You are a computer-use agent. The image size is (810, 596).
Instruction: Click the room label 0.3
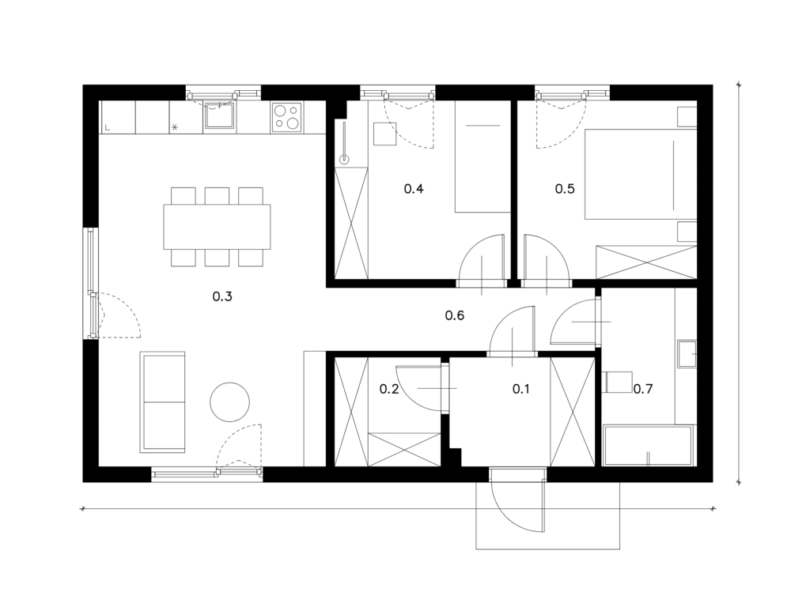(x=222, y=296)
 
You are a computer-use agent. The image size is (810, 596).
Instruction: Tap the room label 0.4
(x=414, y=189)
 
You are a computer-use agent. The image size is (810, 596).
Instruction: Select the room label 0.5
(x=565, y=189)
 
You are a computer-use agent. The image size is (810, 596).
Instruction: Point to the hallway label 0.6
(x=455, y=315)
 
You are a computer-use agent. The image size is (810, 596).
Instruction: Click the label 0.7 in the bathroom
(x=643, y=389)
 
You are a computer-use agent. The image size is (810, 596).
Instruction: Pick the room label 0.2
(x=389, y=389)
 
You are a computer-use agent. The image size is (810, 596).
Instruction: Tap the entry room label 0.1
(x=520, y=389)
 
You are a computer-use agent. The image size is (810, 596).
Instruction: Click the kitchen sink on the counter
(x=220, y=115)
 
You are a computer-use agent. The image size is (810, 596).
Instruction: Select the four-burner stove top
(x=287, y=117)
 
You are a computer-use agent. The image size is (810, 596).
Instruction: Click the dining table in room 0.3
(x=217, y=227)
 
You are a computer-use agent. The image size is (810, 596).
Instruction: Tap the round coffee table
(x=230, y=402)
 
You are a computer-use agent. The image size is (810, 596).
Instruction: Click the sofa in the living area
(x=162, y=402)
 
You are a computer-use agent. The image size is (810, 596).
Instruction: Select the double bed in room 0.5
(x=641, y=175)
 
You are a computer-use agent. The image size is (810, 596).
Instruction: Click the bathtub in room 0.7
(x=648, y=445)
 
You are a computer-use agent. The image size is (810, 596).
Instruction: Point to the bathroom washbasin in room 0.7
(x=687, y=353)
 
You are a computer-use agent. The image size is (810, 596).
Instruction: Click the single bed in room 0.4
(x=483, y=157)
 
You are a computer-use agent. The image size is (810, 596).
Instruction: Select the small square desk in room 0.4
(x=385, y=134)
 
